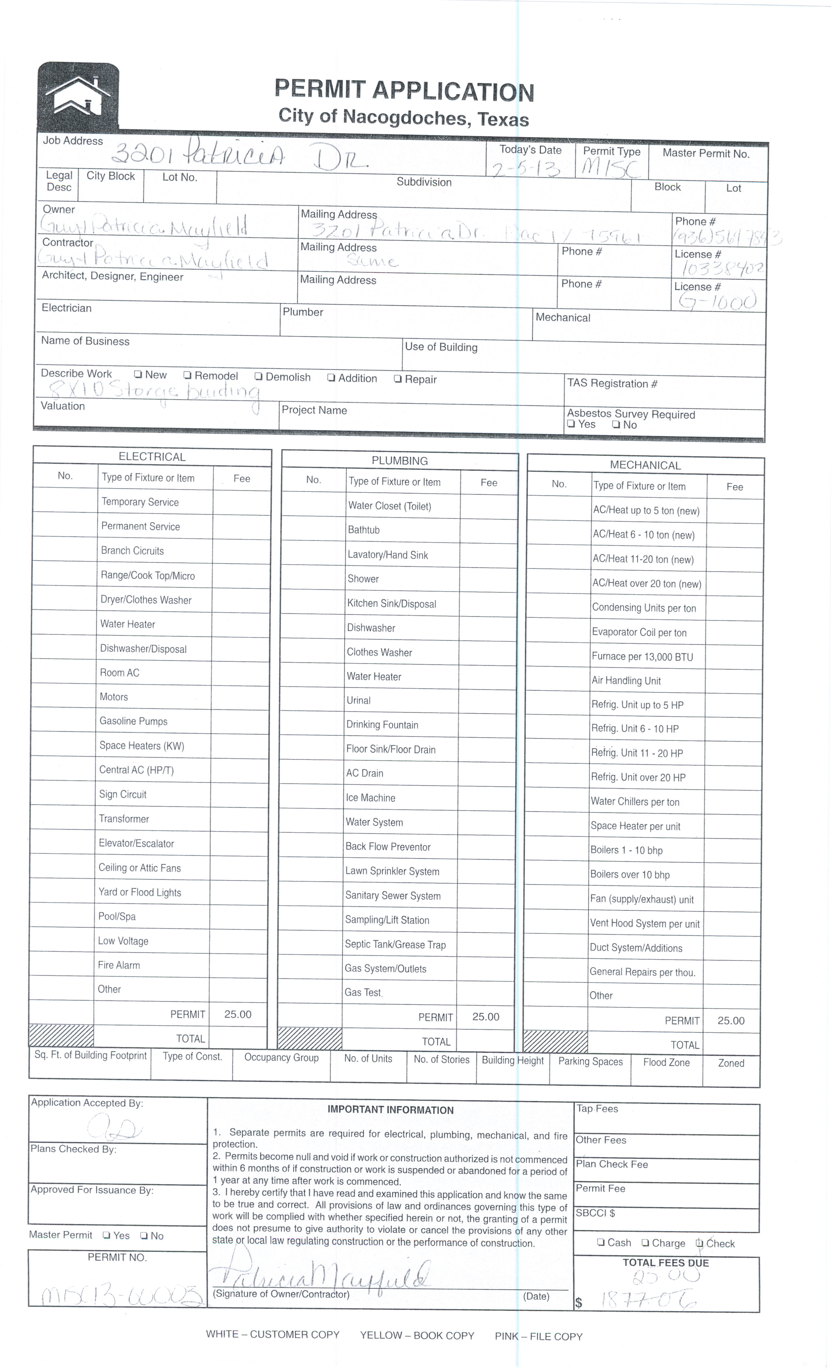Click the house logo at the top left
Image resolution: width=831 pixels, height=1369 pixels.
tap(78, 96)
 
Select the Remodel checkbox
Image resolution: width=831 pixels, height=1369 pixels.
tap(188, 375)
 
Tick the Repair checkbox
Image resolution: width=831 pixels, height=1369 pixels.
tap(398, 379)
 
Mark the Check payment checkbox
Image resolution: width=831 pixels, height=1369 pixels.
tap(699, 1244)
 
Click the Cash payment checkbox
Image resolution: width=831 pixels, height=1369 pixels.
tap(601, 1242)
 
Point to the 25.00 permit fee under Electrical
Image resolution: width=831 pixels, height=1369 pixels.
tap(238, 1014)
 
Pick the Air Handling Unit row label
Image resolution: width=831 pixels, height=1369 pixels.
tap(626, 681)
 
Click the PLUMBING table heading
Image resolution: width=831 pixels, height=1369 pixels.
tap(400, 461)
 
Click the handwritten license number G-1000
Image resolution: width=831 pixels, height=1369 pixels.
tap(717, 302)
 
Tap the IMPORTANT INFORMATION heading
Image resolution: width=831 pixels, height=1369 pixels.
tap(390, 1110)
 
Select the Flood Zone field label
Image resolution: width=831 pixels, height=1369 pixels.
tap(666, 1062)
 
